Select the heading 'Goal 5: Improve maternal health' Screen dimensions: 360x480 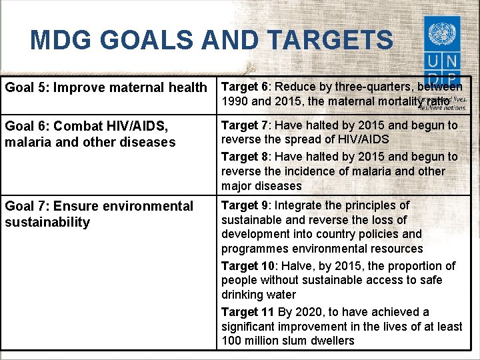(106, 87)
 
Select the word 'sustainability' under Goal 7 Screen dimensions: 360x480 (47, 222)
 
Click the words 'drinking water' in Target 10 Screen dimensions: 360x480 (259, 295)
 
